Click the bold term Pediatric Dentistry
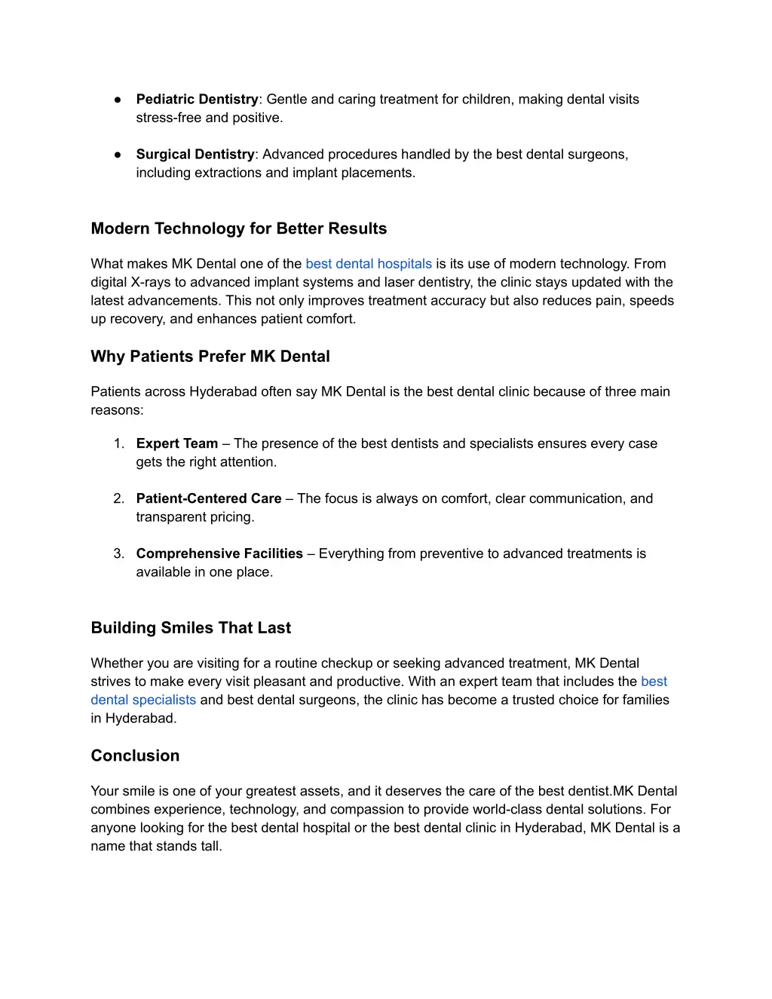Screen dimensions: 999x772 coord(197,100)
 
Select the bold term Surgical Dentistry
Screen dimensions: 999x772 coord(195,155)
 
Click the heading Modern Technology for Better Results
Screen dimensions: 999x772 coord(238,228)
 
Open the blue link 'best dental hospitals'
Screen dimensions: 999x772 coord(368,264)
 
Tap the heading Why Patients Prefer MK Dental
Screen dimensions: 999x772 coord(210,357)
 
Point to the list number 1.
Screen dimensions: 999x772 coord(118,443)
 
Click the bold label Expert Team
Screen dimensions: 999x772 coord(176,443)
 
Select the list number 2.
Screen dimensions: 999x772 coord(118,498)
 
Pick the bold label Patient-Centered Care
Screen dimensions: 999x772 coord(209,498)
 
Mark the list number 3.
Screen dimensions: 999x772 coord(118,553)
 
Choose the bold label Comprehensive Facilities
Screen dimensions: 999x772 coord(219,553)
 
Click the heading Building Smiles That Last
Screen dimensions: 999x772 coord(191,628)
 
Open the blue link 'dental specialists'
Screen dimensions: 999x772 coord(143,700)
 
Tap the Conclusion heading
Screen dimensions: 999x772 coord(135,756)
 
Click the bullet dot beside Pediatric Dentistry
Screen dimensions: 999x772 coord(118,100)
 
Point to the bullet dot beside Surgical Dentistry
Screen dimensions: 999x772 coord(118,155)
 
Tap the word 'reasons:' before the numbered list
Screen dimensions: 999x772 coord(117,410)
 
